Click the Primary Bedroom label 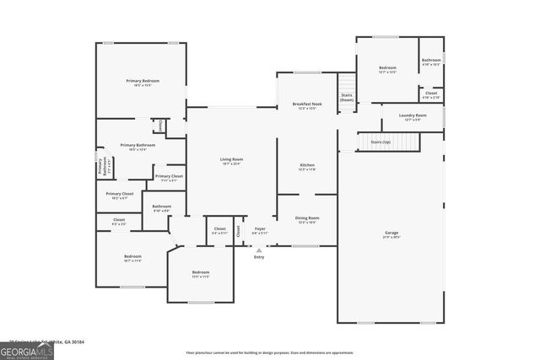[143, 81]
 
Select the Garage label [391, 233]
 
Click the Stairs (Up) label [381, 142]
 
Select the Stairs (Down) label [347, 98]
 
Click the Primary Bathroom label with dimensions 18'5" [138, 145]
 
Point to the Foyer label [260, 228]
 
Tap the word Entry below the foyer [259, 256]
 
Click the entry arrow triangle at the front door [259, 250]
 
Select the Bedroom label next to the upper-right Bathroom [387, 67]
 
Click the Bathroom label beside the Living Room [162, 207]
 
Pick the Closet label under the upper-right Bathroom [431, 93]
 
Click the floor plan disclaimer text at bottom [270, 352]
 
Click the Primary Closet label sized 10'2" [119, 194]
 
